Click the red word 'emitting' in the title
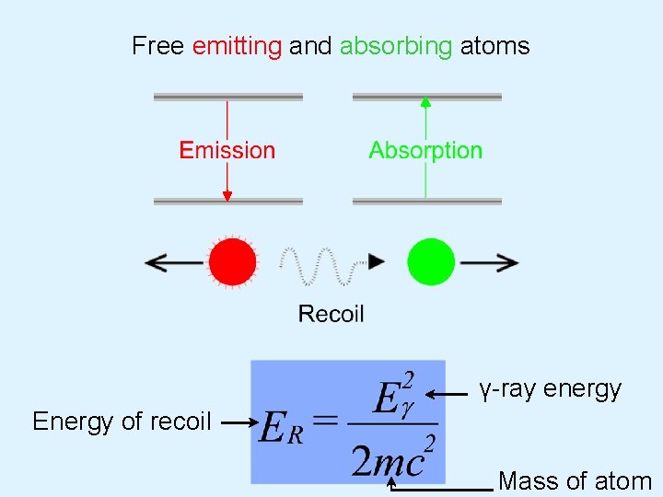tap(237, 46)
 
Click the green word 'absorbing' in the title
tap(396, 46)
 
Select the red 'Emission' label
tap(227, 150)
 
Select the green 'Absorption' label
tap(425, 150)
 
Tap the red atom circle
tap(232, 262)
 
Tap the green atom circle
tap(431, 262)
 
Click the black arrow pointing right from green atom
tap(489, 262)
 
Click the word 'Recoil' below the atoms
tap(331, 314)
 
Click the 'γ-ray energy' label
tap(550, 389)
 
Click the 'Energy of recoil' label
tap(122, 422)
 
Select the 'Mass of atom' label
tap(575, 480)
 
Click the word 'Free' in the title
tap(158, 46)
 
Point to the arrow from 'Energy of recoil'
tap(237, 422)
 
